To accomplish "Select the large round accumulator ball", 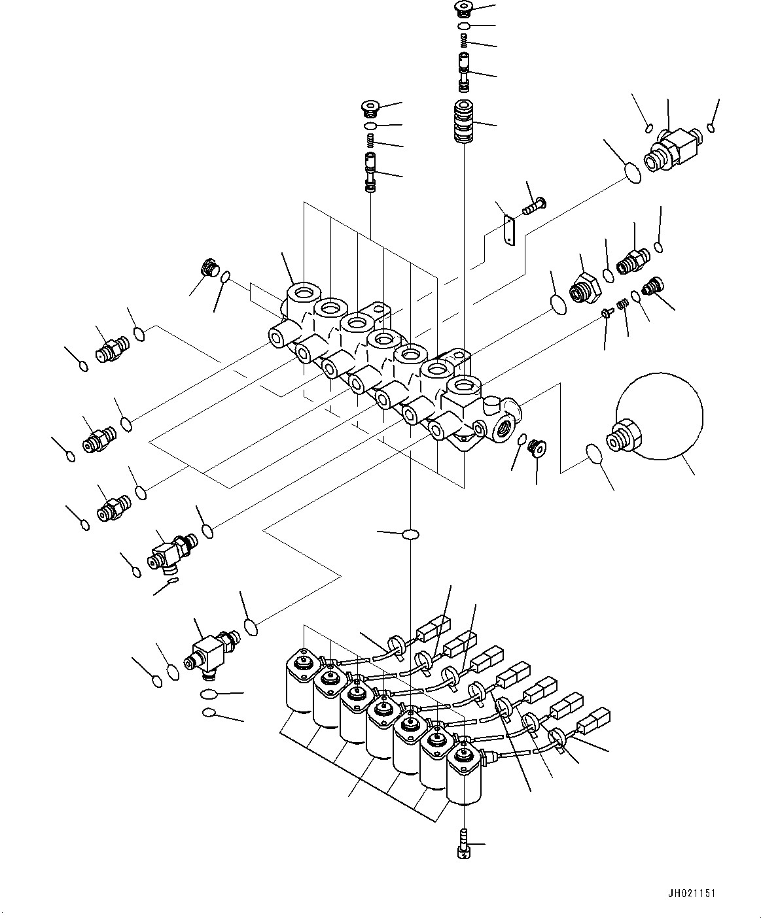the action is pyautogui.click(x=659, y=416).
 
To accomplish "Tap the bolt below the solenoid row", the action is pyautogui.click(x=465, y=843).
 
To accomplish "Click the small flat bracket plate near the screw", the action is pyautogui.click(x=510, y=229).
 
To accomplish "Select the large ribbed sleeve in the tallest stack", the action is pyautogui.click(x=464, y=122).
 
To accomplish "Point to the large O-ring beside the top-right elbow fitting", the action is pyautogui.click(x=633, y=173).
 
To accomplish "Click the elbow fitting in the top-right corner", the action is pyautogui.click(x=673, y=150).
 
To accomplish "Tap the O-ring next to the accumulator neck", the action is pyautogui.click(x=594, y=453).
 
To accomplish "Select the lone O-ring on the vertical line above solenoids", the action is pyautogui.click(x=411, y=534).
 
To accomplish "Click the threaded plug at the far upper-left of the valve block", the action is pyautogui.click(x=210, y=267).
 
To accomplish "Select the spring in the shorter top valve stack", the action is pyautogui.click(x=370, y=141).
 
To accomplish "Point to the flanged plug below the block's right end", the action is pyautogui.click(x=537, y=448).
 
